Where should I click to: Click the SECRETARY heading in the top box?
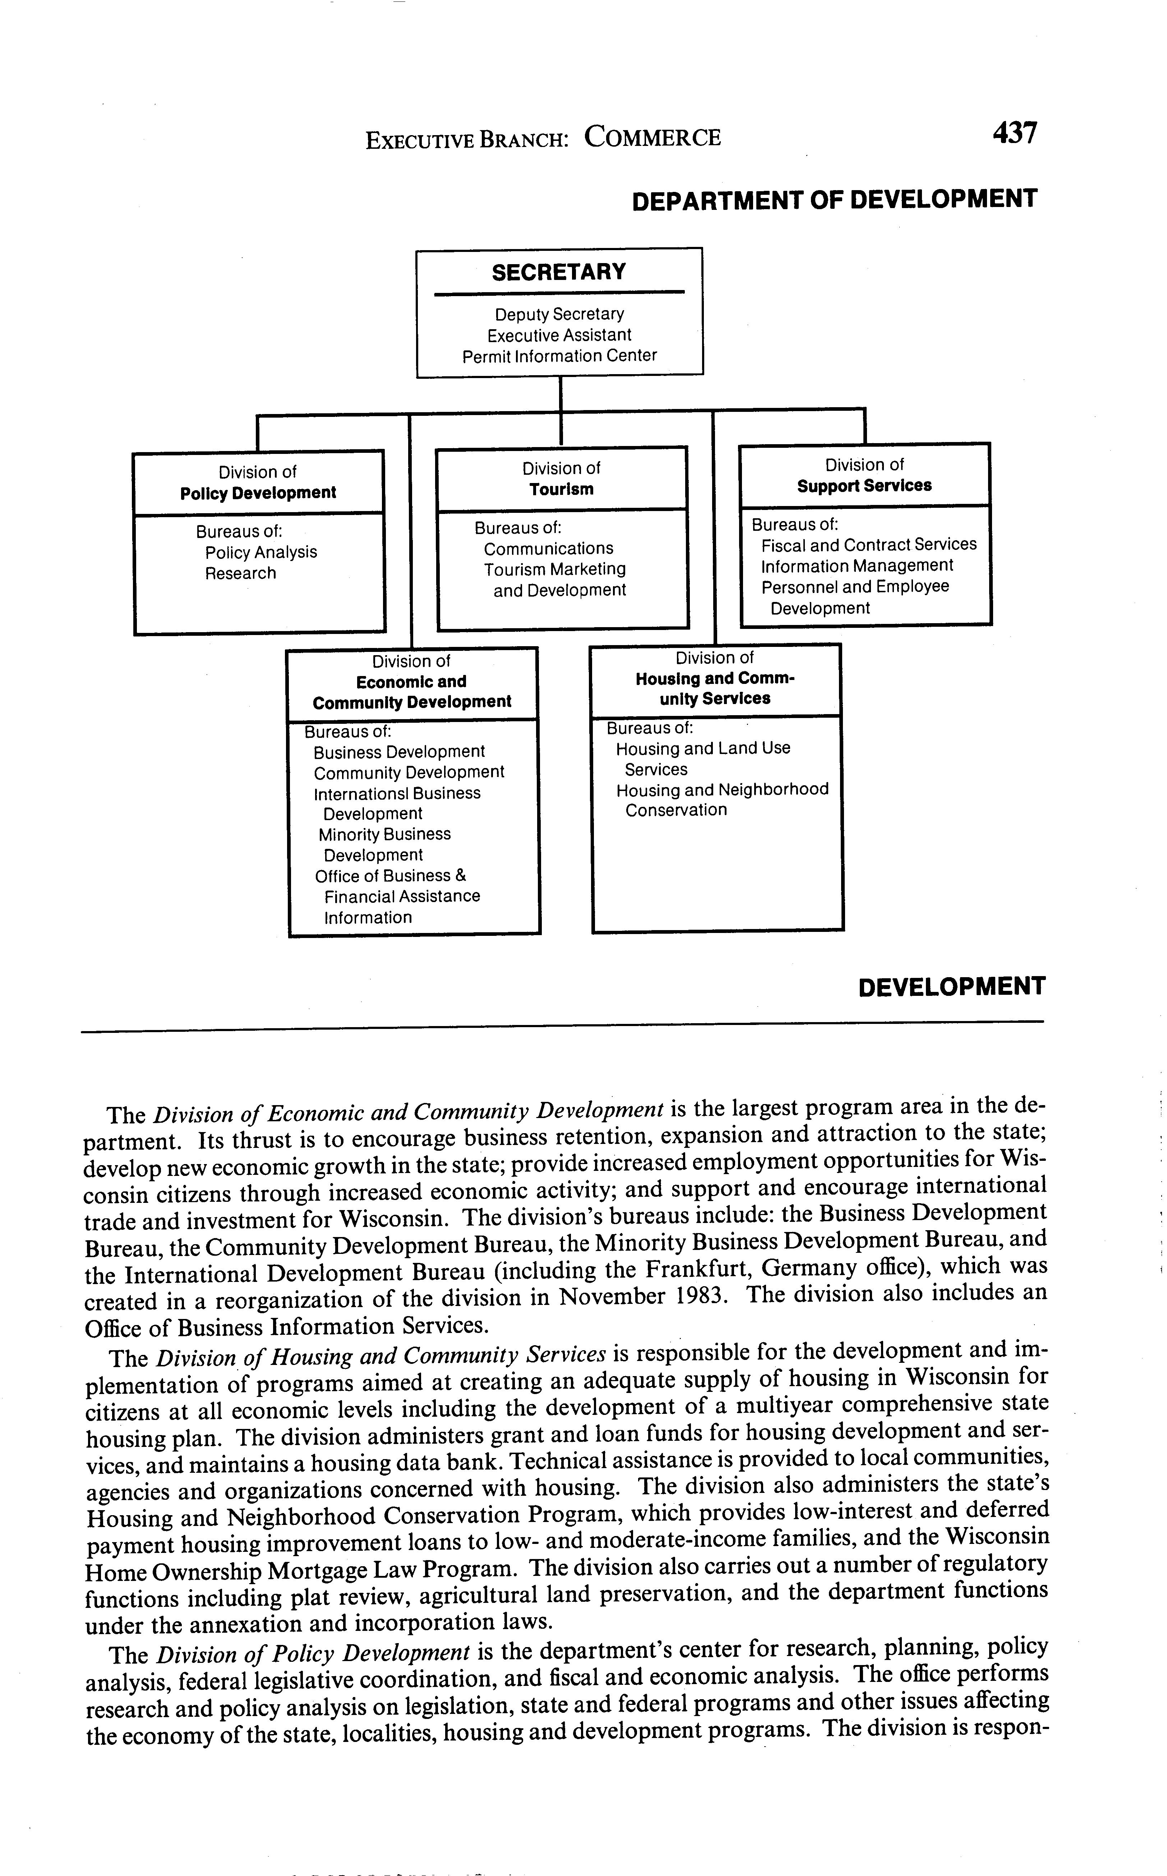[x=559, y=272]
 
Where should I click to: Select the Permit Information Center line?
[x=559, y=356]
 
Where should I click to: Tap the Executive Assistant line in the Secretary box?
[x=559, y=335]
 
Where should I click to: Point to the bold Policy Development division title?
[x=258, y=493]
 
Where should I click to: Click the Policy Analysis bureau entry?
[x=261, y=552]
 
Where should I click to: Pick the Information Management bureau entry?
[x=857, y=566]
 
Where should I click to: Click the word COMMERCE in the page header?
[x=652, y=137]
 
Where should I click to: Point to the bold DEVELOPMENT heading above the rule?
[x=952, y=987]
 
